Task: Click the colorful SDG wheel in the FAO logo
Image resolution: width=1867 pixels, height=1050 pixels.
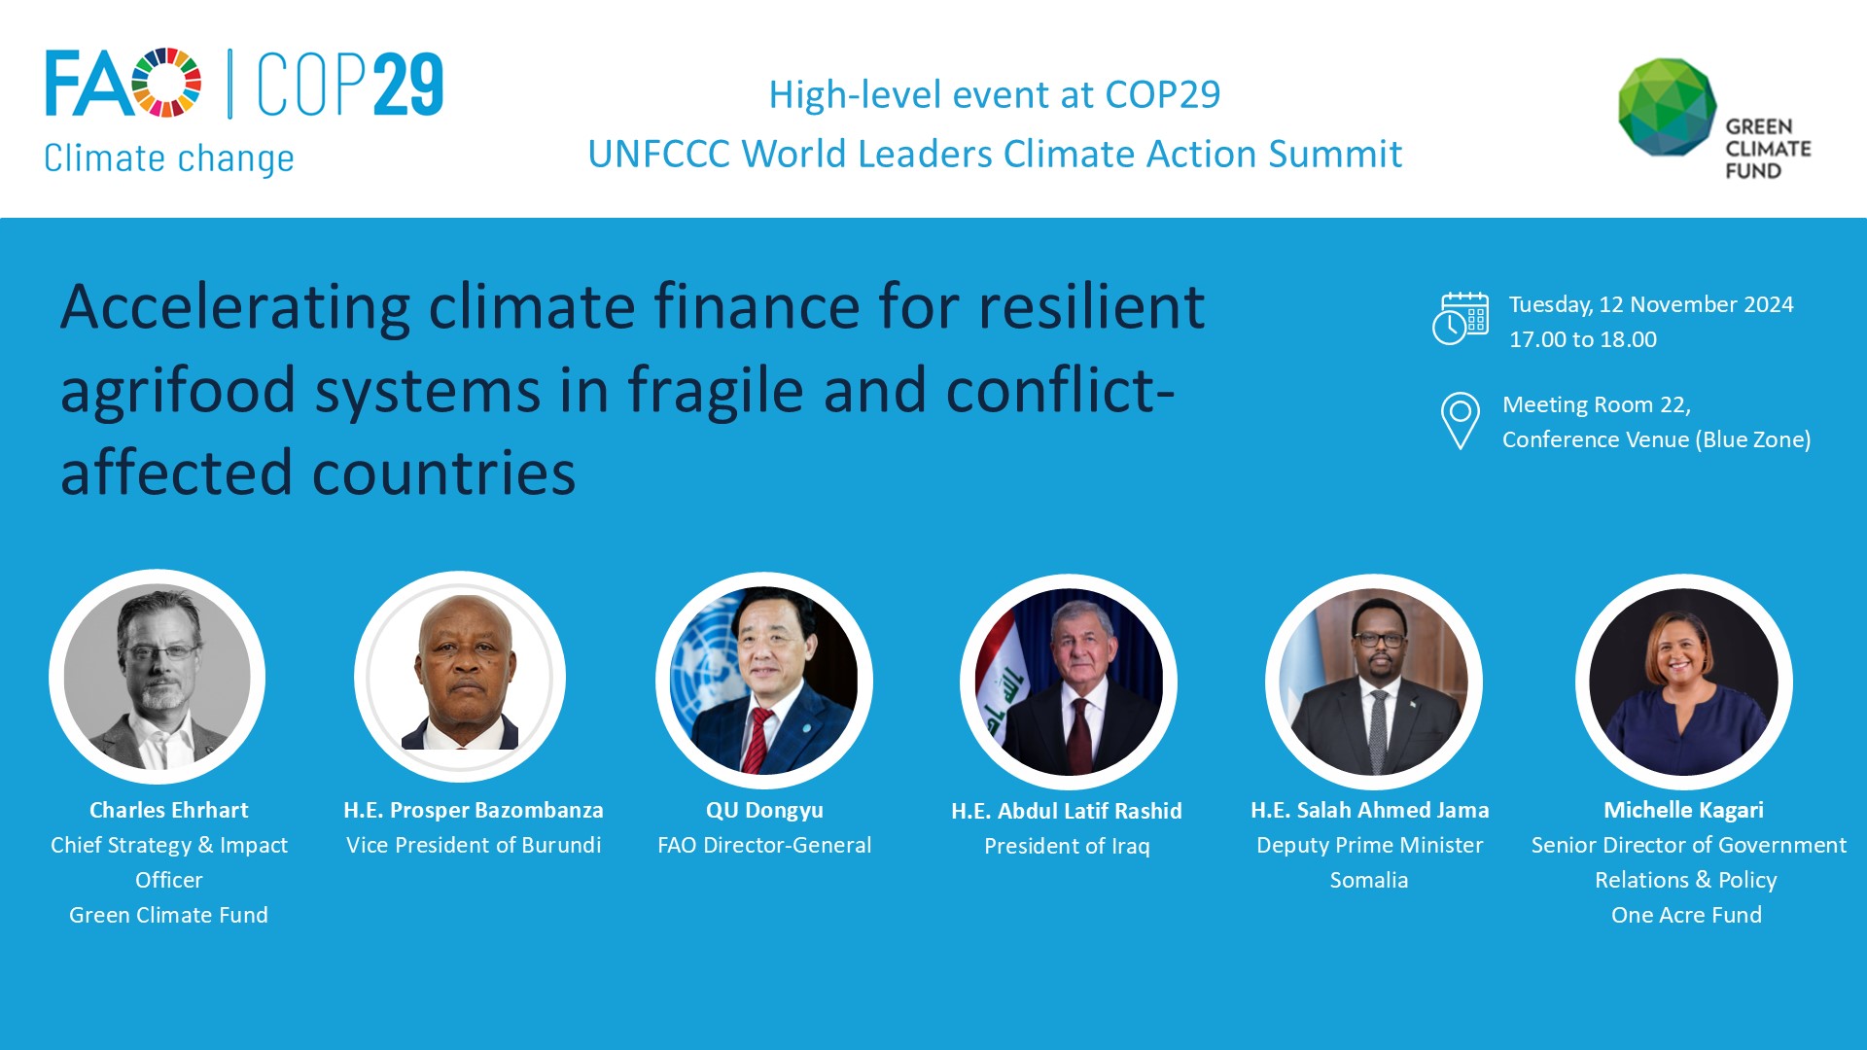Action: [166, 83]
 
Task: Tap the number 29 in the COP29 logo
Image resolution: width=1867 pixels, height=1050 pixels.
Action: [407, 86]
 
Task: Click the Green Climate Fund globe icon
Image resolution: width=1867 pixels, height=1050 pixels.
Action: [1667, 107]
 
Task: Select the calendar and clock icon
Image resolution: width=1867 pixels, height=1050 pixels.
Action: [1460, 319]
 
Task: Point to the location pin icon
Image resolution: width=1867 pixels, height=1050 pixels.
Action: [1460, 420]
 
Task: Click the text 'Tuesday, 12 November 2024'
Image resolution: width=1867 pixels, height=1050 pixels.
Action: [1650, 304]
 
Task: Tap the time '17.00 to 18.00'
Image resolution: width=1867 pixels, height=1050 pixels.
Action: [1582, 339]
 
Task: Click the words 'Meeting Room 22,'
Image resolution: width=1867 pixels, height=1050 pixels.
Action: [1596, 404]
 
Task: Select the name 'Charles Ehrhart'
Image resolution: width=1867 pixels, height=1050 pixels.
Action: [168, 810]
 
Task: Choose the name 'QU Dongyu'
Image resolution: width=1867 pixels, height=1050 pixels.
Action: [764, 810]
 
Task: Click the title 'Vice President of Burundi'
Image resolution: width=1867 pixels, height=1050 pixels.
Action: [474, 845]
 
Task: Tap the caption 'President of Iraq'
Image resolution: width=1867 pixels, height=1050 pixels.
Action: [1067, 846]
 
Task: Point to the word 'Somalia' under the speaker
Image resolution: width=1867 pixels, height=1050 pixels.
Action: [1368, 880]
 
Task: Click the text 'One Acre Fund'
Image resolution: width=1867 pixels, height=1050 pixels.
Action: [1686, 915]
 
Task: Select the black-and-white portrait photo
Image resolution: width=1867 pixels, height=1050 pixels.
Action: [158, 677]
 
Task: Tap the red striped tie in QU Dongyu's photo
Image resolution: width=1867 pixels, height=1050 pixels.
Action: [757, 739]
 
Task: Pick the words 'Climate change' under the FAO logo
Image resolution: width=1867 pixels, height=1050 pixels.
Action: [168, 158]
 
